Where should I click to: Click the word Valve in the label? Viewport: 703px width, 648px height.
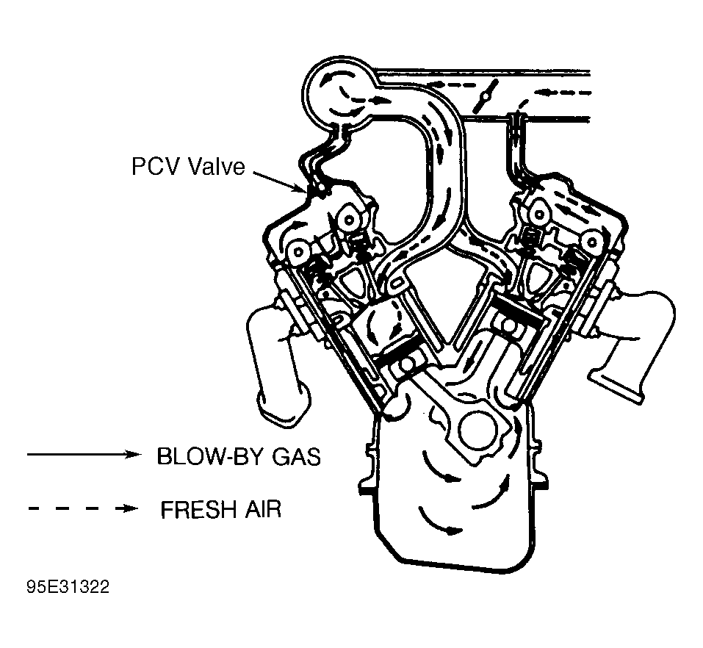pyautogui.click(x=217, y=166)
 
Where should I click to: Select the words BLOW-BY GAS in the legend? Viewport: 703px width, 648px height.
pyautogui.click(x=239, y=456)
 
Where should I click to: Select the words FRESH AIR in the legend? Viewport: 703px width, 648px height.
pyautogui.click(x=221, y=509)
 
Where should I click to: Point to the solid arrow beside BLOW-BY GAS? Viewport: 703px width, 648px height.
pyautogui.click(x=84, y=454)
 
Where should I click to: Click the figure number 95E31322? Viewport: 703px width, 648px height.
pyautogui.click(x=68, y=586)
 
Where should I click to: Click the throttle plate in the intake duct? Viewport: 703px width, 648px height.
pyautogui.click(x=485, y=96)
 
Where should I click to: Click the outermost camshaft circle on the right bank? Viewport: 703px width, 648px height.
pyautogui.click(x=593, y=242)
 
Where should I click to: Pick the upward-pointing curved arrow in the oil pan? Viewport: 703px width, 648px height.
pyautogui.click(x=494, y=494)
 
